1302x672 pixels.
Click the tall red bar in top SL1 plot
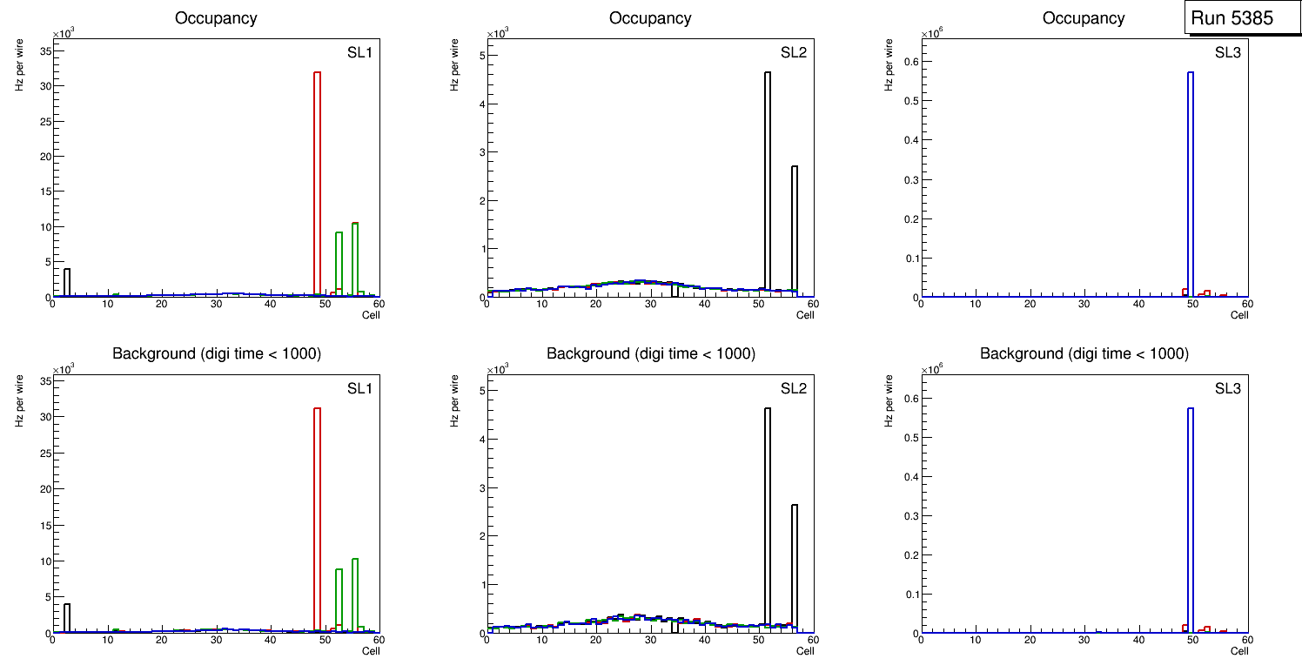point(317,183)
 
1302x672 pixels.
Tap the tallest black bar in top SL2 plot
point(768,183)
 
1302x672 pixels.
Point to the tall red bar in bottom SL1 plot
point(317,522)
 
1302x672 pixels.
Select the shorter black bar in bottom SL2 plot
point(795,566)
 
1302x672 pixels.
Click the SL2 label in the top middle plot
point(793,52)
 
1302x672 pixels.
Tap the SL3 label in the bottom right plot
point(1227,388)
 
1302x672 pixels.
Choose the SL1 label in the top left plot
point(359,52)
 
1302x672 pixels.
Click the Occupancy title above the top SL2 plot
point(650,18)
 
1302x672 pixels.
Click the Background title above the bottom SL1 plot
point(217,353)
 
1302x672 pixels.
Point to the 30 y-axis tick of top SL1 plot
point(45,86)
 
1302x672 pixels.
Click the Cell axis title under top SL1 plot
point(371,314)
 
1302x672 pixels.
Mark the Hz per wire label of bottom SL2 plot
point(453,401)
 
